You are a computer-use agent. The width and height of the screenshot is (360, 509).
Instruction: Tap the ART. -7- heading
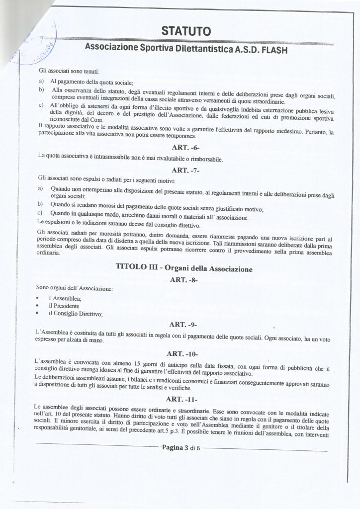pos(185,170)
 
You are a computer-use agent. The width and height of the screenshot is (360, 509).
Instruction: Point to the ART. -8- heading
pos(184,280)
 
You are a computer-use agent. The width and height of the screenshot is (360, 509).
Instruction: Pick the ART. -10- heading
pos(183,354)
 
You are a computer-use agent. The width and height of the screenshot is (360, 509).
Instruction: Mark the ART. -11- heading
pos(183,399)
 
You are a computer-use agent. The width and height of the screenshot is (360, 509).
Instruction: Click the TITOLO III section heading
pos(184,268)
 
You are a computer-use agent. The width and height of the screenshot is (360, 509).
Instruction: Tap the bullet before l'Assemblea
pos(38,298)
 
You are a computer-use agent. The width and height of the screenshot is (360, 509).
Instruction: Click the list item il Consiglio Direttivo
pos(75,314)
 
